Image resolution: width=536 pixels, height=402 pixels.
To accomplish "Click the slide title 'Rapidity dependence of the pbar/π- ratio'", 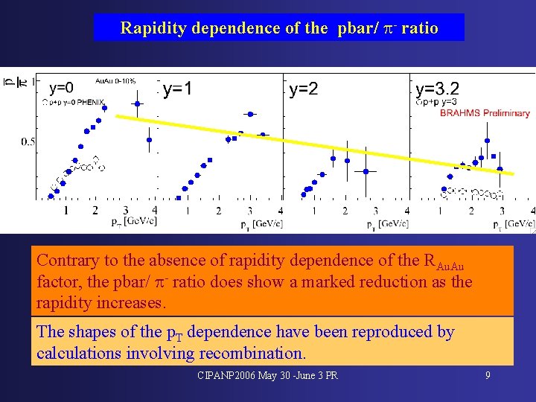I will coord(279,28).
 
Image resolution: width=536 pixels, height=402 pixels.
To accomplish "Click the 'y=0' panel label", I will coord(61,86).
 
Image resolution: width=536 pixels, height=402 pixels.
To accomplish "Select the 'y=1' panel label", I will coord(177,89).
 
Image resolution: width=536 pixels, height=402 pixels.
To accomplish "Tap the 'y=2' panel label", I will coord(304,89).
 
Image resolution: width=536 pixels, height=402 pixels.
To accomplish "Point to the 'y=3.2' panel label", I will coord(437,89).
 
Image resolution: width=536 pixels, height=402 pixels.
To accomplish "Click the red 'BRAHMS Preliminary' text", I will coord(485,113).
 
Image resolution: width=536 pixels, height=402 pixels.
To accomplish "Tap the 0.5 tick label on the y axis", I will coord(28,141).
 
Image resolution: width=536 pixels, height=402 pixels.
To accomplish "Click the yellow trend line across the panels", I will coord(313,144).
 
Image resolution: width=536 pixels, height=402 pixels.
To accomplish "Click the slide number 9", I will coord(488,375).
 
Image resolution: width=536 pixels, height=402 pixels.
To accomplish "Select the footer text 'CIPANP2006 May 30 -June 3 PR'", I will coord(267,375).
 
